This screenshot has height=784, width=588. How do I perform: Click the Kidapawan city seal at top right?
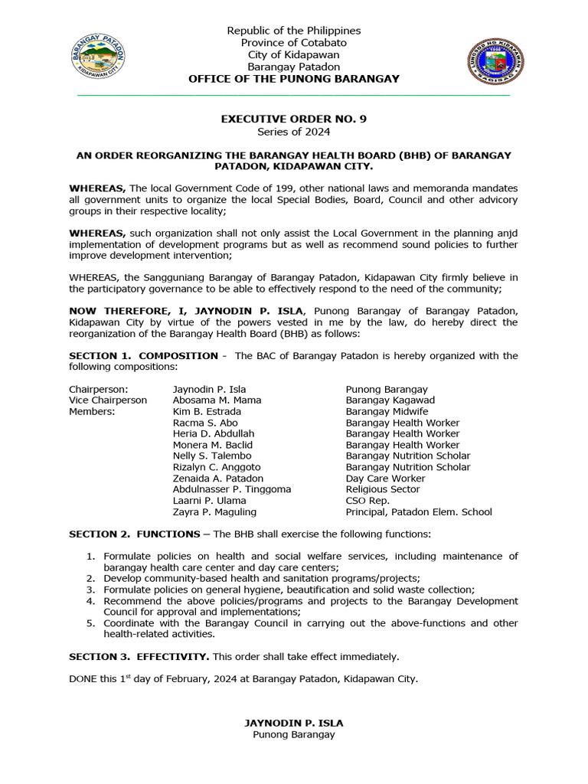[x=495, y=61]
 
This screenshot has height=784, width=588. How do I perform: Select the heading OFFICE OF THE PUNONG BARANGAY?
[x=293, y=79]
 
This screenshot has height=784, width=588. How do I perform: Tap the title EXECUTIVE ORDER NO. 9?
[x=288, y=119]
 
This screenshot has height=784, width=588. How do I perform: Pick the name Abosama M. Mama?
[x=217, y=400]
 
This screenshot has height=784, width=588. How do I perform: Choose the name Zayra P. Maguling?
[x=214, y=511]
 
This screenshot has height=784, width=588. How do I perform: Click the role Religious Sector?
[x=383, y=489]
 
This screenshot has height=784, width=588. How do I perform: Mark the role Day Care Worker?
[x=385, y=478]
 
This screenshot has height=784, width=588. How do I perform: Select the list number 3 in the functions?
[x=90, y=590]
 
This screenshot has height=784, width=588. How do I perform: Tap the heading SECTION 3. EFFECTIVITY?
[x=139, y=656]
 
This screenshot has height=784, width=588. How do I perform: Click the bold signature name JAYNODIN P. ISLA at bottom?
[x=293, y=723]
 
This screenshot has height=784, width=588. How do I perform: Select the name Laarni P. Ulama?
[x=209, y=501]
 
